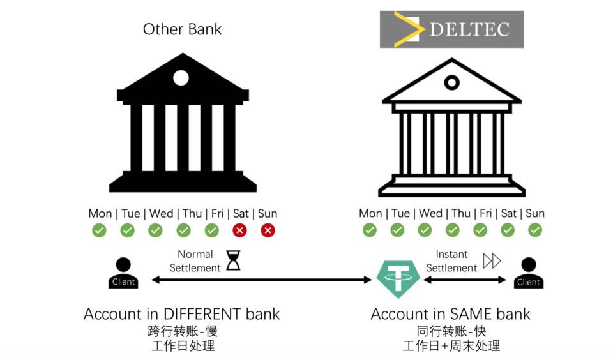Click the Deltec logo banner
(x=451, y=29)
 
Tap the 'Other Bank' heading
(x=182, y=29)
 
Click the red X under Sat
(x=240, y=230)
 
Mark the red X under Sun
(x=268, y=230)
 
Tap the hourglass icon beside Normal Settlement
(x=233, y=260)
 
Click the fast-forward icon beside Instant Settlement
(x=492, y=260)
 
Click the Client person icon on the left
(x=123, y=273)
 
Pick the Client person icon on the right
(x=528, y=273)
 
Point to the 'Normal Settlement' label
(x=195, y=261)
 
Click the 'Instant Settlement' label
(x=451, y=261)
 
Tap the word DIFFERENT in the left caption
(x=202, y=314)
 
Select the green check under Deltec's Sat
(x=508, y=230)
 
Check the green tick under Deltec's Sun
(x=535, y=230)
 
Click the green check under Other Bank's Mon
(x=99, y=230)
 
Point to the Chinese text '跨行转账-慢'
(x=182, y=331)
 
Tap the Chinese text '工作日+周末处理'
(x=451, y=346)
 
